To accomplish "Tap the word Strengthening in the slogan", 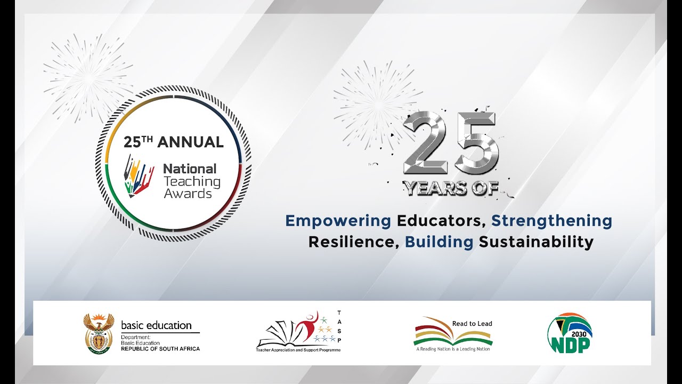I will click(551, 221).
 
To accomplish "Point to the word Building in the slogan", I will click(439, 242).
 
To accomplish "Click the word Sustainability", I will click(536, 242).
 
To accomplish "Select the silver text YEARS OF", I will click(450, 188).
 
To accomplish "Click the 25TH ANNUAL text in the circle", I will click(174, 142).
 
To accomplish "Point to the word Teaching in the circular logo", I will click(191, 181).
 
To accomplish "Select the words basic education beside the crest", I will click(156, 325).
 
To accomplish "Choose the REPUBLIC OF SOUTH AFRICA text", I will click(160, 349).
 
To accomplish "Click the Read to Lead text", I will click(472, 324).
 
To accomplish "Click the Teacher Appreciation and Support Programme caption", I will click(298, 350).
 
